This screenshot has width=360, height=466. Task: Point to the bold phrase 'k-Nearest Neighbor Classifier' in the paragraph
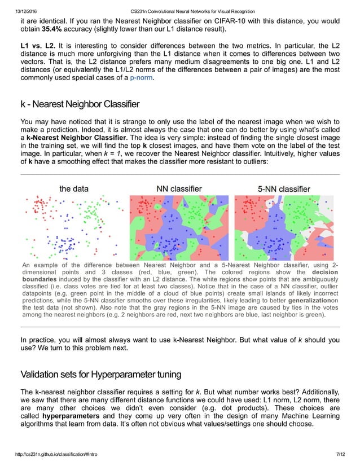[x=78, y=137]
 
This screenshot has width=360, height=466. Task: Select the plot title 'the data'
[x=74, y=188]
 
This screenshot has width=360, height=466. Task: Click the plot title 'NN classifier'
[x=179, y=188]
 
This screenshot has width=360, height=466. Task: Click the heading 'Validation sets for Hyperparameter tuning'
[x=100, y=373]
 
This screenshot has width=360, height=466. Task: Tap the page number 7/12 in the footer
[x=339, y=454]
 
